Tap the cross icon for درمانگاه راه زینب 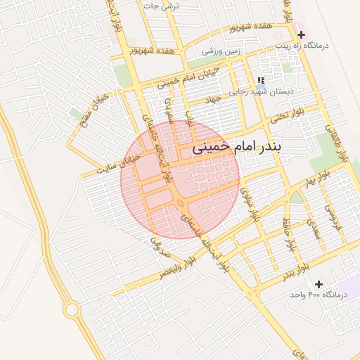pyautogui.click(x=302, y=34)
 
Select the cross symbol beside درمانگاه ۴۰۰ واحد pyautogui.click(x=319, y=284)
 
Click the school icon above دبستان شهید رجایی pyautogui.click(x=262, y=81)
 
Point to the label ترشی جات pyautogui.click(x=162, y=6)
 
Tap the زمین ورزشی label pyautogui.click(x=221, y=51)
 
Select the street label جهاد pyautogui.click(x=212, y=100)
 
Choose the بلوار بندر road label pyautogui.click(x=294, y=271)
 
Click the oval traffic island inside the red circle pyautogui.click(x=181, y=203)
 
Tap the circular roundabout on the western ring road pyautogui.click(x=71, y=309)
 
